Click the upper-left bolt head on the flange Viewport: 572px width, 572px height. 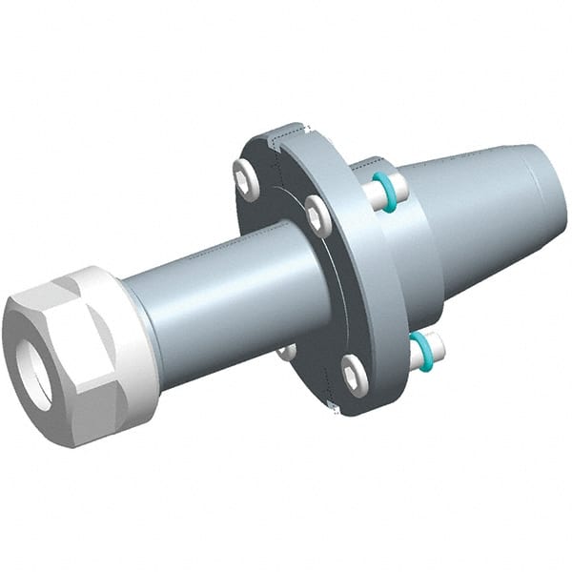(x=247, y=179)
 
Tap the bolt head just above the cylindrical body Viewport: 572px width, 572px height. (x=318, y=216)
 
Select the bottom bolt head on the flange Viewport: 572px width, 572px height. (x=354, y=375)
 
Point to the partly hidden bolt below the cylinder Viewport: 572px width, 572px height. (x=288, y=352)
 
